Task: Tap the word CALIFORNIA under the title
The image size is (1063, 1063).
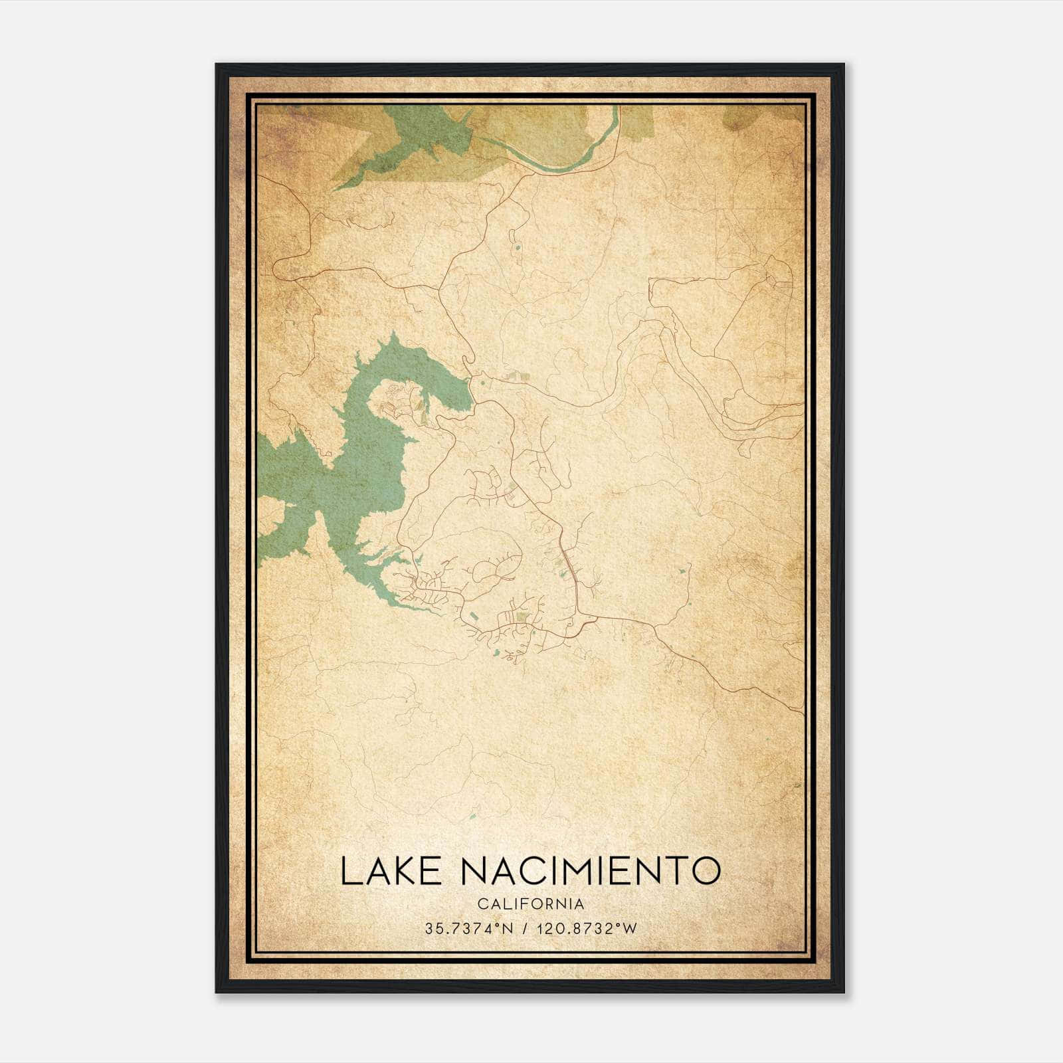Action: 530,904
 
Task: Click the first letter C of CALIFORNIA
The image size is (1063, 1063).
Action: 480,904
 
